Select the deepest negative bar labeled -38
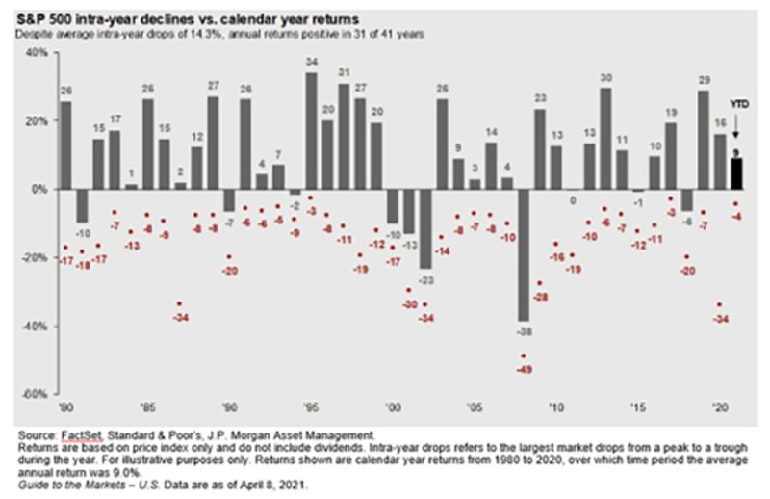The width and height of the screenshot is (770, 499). click(x=524, y=255)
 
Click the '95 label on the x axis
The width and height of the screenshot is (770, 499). click(x=311, y=407)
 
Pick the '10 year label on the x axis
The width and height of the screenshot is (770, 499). click(x=555, y=407)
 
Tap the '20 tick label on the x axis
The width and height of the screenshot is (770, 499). click(x=718, y=407)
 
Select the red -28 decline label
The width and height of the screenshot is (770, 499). click(x=539, y=298)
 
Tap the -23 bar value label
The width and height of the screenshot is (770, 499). click(x=425, y=279)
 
